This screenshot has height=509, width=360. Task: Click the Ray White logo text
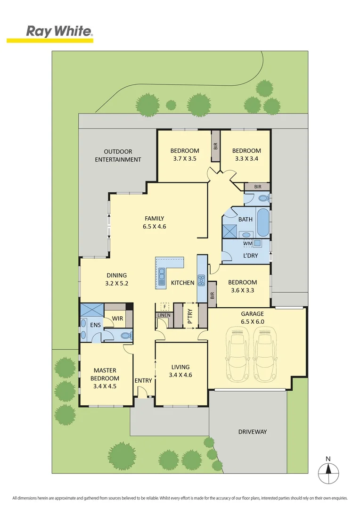[58, 32]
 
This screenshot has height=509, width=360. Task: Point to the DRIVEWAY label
[252, 432]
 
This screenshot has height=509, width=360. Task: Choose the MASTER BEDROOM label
[105, 374]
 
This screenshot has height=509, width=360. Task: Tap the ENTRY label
[143, 381]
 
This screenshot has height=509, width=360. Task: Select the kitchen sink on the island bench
[162, 277]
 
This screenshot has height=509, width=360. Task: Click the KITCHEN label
[182, 283]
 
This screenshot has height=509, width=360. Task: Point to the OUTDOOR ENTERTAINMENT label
[118, 156]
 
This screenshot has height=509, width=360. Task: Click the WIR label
[117, 319]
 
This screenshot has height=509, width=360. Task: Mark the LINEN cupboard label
[164, 315]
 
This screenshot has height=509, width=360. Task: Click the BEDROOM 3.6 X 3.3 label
[242, 287]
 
